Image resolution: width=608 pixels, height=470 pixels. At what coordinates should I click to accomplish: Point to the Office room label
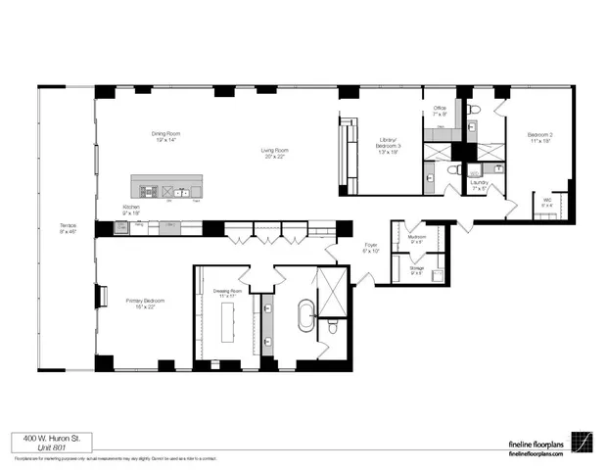coord(441,111)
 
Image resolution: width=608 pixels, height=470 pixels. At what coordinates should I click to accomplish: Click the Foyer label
coord(372,248)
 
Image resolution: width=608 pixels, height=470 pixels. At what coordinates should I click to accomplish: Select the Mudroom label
coord(415,238)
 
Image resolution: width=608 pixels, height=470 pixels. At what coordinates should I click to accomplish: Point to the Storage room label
coord(416,270)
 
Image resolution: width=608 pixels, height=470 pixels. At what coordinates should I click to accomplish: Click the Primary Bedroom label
coord(141,304)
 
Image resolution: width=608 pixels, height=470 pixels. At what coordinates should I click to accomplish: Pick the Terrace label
coord(68,230)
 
